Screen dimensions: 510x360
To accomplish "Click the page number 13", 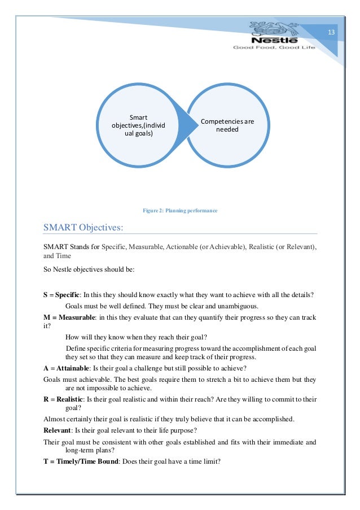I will (x=331, y=32).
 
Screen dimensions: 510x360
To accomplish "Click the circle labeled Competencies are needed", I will (x=227, y=125).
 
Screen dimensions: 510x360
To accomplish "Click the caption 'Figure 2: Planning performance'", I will (x=180, y=211).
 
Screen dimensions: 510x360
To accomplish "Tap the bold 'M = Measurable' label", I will (x=68, y=317).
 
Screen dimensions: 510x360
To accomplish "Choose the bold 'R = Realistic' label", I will (x=63, y=399).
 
